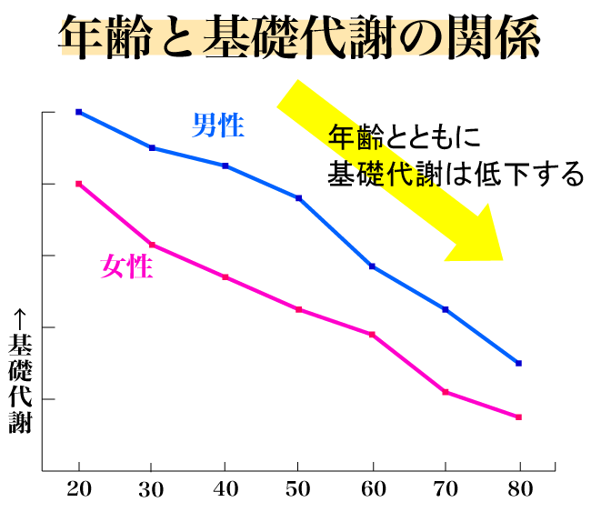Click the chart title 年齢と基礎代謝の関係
[299, 38]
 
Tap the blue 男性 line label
[218, 125]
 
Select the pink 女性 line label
[125, 266]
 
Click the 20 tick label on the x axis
[79, 488]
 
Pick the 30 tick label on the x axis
[153, 488]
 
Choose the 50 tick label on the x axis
[299, 488]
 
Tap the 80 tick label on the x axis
[519, 488]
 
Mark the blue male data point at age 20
[79, 112]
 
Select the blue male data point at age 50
[299, 198]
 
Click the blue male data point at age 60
[373, 266]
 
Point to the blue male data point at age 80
[519, 363]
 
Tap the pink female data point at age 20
[79, 184]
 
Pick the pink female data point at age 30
[153, 245]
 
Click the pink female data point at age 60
[373, 335]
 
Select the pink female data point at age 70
[446, 392]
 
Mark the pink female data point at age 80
[519, 417]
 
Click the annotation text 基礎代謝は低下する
[455, 173]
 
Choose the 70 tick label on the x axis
[446, 488]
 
